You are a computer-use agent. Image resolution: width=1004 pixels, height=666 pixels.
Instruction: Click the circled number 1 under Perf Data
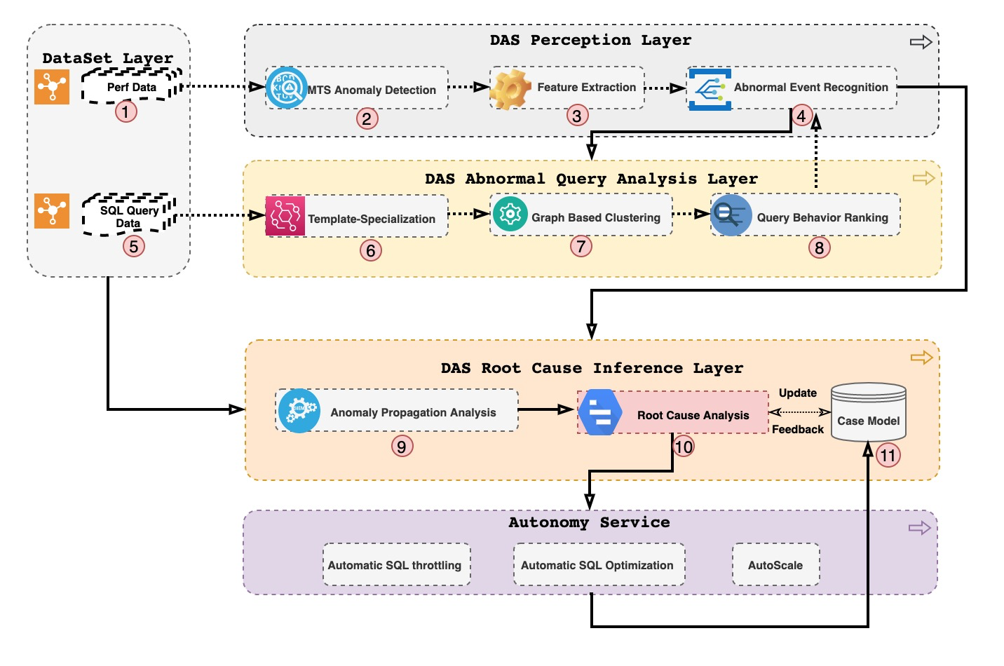(x=126, y=111)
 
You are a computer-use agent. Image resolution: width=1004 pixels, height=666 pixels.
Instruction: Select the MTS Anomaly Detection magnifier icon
(x=286, y=88)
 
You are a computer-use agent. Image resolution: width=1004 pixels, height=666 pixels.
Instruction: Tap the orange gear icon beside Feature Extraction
(x=510, y=89)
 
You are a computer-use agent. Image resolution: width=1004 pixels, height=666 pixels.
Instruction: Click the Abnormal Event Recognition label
(x=810, y=88)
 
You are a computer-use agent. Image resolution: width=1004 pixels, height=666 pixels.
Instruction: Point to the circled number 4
(x=801, y=116)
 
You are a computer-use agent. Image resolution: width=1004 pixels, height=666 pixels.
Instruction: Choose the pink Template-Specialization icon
(x=285, y=216)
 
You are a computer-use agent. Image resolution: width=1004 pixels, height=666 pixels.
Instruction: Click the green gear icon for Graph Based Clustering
(x=510, y=215)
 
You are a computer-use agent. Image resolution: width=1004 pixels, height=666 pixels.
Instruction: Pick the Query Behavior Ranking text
(x=822, y=218)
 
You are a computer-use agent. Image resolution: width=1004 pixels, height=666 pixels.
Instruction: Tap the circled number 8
(x=819, y=247)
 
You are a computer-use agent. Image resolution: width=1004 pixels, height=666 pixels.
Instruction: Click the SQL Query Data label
(x=128, y=217)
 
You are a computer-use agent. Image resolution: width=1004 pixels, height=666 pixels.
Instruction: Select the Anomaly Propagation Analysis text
(x=413, y=413)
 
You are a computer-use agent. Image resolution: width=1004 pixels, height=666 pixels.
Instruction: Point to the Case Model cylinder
(x=868, y=412)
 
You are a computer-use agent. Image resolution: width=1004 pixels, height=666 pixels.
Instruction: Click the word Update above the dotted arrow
(x=797, y=393)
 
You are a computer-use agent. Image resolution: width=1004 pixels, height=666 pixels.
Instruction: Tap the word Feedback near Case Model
(x=797, y=430)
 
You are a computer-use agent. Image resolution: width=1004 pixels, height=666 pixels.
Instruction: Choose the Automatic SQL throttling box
(x=395, y=565)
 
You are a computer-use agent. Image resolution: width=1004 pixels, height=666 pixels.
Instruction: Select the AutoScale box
(x=775, y=565)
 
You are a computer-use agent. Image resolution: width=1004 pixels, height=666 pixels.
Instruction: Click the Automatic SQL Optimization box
(x=597, y=565)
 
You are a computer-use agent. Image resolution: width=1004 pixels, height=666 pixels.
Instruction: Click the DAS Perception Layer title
(x=590, y=41)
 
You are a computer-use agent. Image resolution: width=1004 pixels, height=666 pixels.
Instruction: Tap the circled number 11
(x=888, y=456)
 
